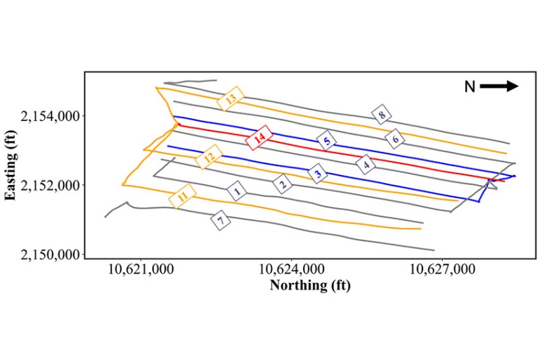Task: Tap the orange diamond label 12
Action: (209, 157)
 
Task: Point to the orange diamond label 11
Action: (182, 197)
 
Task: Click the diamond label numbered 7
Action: (219, 220)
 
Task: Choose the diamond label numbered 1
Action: (236, 192)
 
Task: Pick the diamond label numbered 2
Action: (283, 182)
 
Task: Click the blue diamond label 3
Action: (319, 174)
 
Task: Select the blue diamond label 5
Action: (327, 141)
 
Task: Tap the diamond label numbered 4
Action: (366, 164)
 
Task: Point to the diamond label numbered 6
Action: (396, 139)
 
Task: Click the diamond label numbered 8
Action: (382, 115)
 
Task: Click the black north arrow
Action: (500, 86)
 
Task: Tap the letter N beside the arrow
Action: (470, 86)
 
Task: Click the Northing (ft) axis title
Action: (310, 285)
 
